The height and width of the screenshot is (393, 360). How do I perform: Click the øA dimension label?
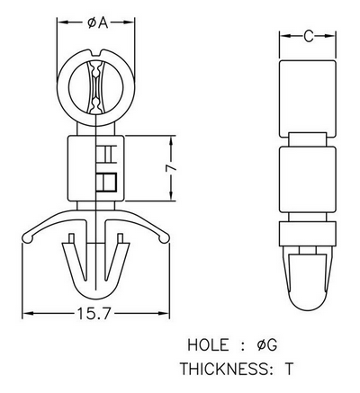pos(97,22)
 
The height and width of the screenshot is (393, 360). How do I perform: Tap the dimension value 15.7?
pos(94,314)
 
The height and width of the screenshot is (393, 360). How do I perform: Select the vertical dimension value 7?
pos(172,168)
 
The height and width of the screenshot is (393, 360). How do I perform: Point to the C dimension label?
pos(309,36)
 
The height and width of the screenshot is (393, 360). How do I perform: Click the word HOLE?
pos(208,345)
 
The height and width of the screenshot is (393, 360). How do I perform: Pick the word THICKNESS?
pos(225,369)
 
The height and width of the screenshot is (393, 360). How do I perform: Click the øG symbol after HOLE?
pos(266,345)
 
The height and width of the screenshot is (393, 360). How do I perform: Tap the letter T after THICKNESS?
pos(288,369)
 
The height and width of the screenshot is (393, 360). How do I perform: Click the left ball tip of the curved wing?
pos(27,238)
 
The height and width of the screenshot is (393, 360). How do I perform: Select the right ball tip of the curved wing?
pos(164,238)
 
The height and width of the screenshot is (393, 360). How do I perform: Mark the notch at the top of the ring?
pos(96,53)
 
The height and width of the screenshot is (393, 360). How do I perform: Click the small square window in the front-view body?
pos(106,182)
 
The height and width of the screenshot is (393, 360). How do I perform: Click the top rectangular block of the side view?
pos(308,98)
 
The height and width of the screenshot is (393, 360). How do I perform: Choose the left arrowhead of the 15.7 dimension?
pos(28,314)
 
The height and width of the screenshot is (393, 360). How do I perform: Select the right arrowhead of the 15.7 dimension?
pos(165,314)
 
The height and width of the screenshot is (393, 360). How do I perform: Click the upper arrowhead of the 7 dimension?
pos(172,141)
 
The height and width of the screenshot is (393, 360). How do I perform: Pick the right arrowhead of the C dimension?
pos(329,36)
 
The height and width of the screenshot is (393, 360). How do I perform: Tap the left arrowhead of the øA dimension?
pos(62,22)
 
